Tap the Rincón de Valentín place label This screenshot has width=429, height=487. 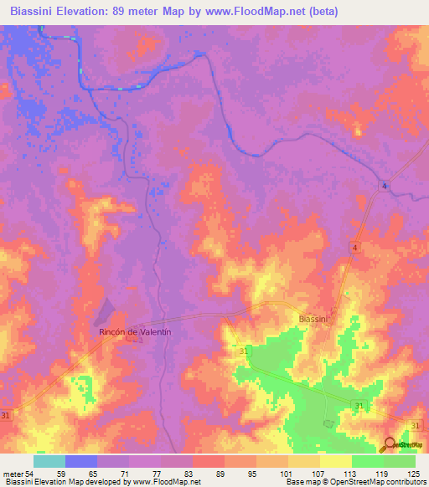coord(135,332)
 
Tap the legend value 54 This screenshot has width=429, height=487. coord(29,474)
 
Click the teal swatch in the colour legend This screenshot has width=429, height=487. coord(49,461)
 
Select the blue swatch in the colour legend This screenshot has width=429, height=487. coord(81,461)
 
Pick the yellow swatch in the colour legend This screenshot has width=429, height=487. coord(336,461)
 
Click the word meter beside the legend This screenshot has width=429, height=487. coord(12,474)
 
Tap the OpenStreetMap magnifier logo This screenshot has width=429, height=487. coord(390,444)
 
